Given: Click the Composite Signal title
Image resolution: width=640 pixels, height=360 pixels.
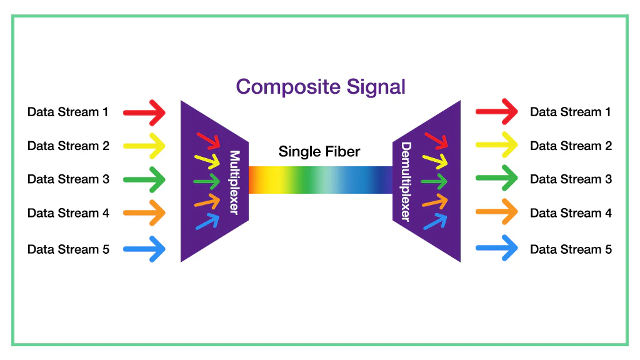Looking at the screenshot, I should click(321, 86).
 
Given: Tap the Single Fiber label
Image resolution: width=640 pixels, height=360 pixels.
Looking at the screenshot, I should click(319, 151).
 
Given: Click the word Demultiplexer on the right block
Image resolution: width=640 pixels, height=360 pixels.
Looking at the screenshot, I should click(406, 182).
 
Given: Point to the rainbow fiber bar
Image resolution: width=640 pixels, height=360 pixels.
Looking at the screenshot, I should click(320, 179).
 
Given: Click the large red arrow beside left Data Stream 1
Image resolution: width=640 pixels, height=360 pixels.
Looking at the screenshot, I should click(144, 112).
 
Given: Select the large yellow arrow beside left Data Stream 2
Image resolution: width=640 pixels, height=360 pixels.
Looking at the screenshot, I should click(144, 146).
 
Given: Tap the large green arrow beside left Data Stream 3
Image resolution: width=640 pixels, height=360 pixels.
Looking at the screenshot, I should click(144, 180).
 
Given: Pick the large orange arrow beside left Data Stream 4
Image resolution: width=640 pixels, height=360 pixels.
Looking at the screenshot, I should click(144, 213).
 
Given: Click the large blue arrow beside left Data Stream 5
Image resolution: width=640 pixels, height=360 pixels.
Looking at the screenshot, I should click(144, 249).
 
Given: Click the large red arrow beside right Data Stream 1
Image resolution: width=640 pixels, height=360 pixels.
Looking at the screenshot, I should click(497, 112).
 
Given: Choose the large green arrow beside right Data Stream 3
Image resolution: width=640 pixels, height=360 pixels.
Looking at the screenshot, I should click(497, 180).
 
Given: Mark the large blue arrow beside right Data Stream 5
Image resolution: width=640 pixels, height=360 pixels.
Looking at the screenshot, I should click(497, 249).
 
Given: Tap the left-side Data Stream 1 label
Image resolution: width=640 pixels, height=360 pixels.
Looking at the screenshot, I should click(68, 112).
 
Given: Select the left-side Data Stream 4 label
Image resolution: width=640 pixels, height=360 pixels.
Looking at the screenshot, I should click(68, 213).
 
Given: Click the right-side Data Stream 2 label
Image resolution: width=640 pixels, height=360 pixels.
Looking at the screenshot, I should click(571, 146).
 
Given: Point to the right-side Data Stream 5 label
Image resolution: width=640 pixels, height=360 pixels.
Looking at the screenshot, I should click(571, 249).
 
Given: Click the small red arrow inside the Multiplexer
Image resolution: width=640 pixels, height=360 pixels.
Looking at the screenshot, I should click(207, 139).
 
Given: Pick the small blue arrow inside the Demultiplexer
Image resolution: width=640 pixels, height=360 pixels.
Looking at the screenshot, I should click(436, 221).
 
